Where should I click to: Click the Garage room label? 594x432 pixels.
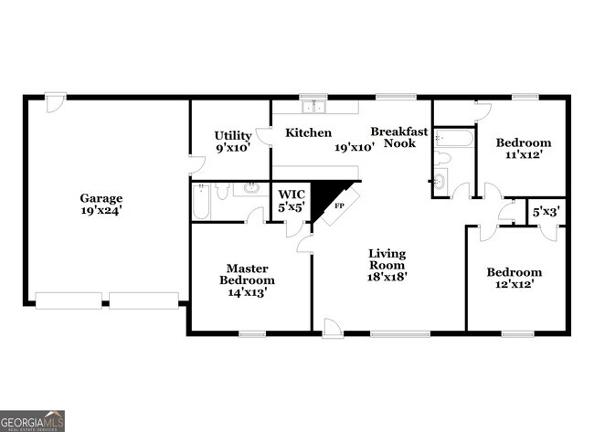pyautogui.click(x=101, y=198)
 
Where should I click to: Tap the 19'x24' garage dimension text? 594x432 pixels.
pyautogui.click(x=101, y=210)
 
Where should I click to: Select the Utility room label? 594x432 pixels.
pyautogui.click(x=233, y=135)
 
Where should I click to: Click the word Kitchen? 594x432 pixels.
pyautogui.click(x=309, y=132)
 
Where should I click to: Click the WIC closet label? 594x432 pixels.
pyautogui.click(x=292, y=195)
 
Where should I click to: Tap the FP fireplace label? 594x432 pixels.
pyautogui.click(x=339, y=205)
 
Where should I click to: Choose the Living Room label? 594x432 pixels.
pyautogui.click(x=387, y=258)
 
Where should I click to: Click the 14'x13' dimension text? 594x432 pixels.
pyautogui.click(x=247, y=292)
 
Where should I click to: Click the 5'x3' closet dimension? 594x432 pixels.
pyautogui.click(x=546, y=212)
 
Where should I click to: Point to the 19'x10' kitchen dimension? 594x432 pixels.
pyautogui.click(x=355, y=146)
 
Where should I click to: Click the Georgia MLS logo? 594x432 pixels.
pyautogui.click(x=32, y=420)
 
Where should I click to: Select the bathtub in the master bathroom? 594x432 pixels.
pyautogui.click(x=201, y=202)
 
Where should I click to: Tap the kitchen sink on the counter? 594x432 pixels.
pyautogui.click(x=314, y=107)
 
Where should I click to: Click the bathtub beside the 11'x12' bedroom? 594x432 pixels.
pyautogui.click(x=454, y=139)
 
